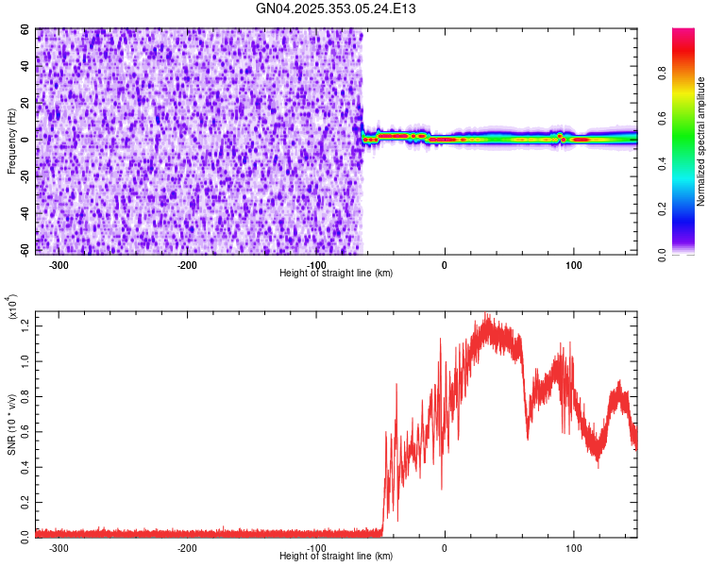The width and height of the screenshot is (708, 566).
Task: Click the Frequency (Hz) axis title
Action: (x=10, y=141)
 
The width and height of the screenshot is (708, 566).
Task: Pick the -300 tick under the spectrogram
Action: (x=59, y=264)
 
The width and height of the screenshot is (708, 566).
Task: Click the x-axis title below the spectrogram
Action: (x=336, y=273)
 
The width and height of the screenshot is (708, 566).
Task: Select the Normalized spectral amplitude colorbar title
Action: (x=701, y=141)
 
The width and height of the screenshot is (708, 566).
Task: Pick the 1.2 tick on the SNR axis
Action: (x=25, y=325)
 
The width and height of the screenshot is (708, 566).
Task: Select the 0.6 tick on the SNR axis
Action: (x=25, y=430)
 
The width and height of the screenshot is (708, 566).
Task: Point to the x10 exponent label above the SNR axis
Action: (x=12, y=307)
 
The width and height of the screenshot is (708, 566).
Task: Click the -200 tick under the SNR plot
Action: (x=187, y=548)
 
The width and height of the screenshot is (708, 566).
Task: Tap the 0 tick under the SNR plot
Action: (x=445, y=548)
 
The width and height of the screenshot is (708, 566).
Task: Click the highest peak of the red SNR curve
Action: (x=486, y=314)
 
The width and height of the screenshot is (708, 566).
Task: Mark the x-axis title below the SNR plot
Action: (x=336, y=558)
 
